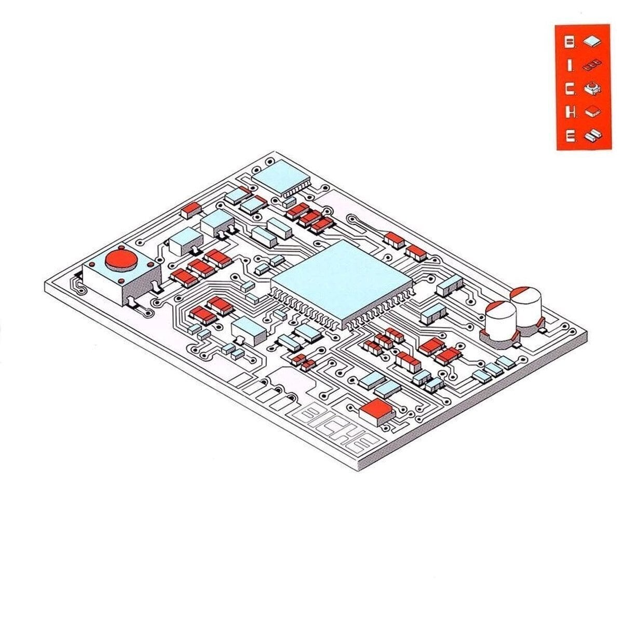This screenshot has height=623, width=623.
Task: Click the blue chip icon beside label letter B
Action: click(x=592, y=42)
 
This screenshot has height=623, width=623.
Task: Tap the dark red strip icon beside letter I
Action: click(x=592, y=65)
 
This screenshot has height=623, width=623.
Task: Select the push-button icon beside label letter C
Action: click(x=592, y=89)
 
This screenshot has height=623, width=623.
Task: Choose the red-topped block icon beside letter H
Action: click(x=592, y=112)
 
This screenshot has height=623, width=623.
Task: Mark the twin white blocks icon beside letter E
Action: click(x=593, y=136)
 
